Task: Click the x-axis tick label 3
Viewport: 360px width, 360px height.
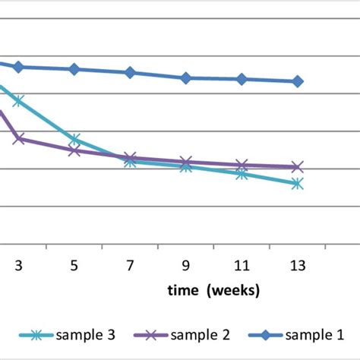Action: pos(18,265)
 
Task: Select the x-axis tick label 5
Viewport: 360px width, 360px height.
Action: pos(74,265)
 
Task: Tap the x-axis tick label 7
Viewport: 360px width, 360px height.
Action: pos(130,265)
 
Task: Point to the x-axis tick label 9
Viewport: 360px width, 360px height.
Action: pos(186,265)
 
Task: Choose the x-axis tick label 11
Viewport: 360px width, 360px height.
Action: pos(242,265)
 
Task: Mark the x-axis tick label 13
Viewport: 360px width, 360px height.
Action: pos(298,265)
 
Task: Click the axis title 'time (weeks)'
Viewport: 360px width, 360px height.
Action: pos(214,290)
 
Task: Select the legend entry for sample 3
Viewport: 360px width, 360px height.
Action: pos(69,334)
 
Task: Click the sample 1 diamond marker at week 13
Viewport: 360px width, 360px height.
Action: pos(298,81)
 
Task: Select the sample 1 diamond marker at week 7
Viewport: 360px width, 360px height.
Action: pos(130,72)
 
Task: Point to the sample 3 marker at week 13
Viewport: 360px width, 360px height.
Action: pos(298,184)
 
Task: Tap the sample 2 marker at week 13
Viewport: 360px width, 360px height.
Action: pos(298,167)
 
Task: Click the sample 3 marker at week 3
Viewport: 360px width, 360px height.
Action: pos(18,101)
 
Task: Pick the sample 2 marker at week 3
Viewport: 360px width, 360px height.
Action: pos(18,138)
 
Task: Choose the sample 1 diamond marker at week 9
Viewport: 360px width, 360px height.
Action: pos(186,77)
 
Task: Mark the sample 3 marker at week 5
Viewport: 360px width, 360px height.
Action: pos(74,140)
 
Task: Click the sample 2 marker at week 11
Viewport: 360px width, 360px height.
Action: pos(242,165)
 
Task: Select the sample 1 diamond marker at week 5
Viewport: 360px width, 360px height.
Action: pos(74,69)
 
